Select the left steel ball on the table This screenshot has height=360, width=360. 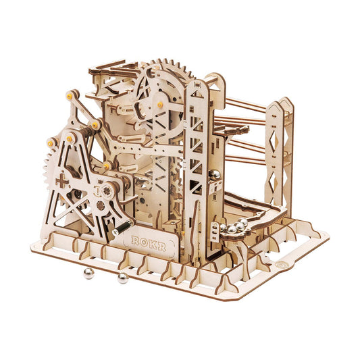point(87,273)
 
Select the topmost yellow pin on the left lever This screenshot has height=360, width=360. point(70,97)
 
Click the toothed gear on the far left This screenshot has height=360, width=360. point(41,168)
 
